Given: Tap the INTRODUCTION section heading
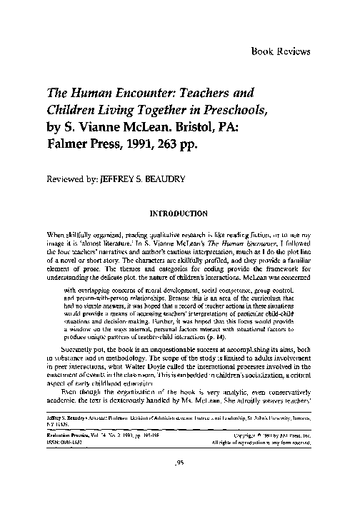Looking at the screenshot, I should click(x=178, y=213).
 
